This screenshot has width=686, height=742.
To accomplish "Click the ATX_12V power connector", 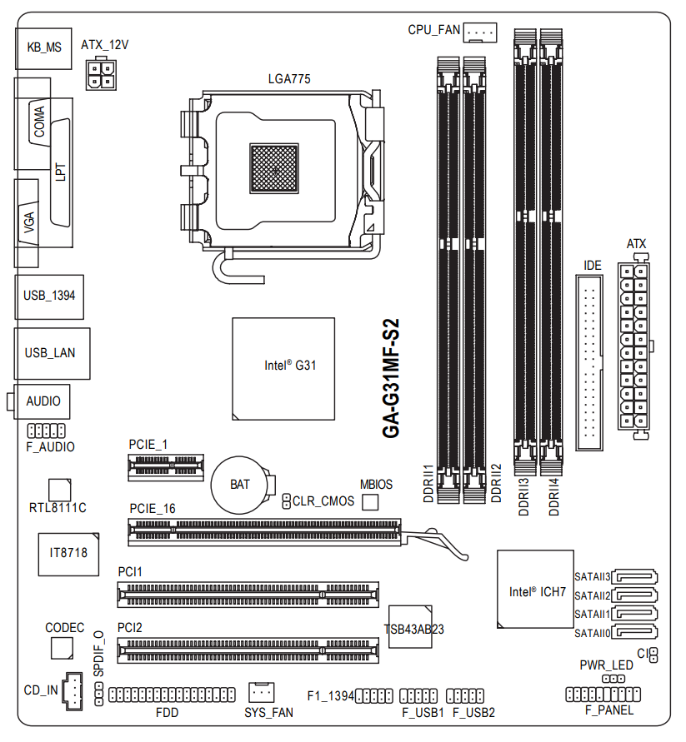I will [x=101, y=73].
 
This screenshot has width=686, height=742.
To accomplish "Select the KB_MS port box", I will [x=44, y=47].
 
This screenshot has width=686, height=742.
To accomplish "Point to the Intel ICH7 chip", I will [x=535, y=592].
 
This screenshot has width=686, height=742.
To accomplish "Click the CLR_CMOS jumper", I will [x=286, y=500].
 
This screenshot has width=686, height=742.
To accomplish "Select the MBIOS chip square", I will [x=371, y=501].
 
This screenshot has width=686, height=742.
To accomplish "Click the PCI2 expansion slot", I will [x=247, y=650].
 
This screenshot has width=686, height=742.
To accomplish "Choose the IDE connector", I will [x=592, y=364].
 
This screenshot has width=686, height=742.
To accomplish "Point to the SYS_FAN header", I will [x=262, y=691].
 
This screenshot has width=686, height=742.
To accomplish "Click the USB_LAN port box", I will [x=50, y=353].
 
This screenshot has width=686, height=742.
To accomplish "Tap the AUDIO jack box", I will [x=43, y=401].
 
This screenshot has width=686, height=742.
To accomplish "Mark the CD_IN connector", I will [x=73, y=690].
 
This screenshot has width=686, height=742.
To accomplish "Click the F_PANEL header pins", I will [x=603, y=694].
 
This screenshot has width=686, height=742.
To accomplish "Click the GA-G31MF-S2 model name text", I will [x=390, y=379].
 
